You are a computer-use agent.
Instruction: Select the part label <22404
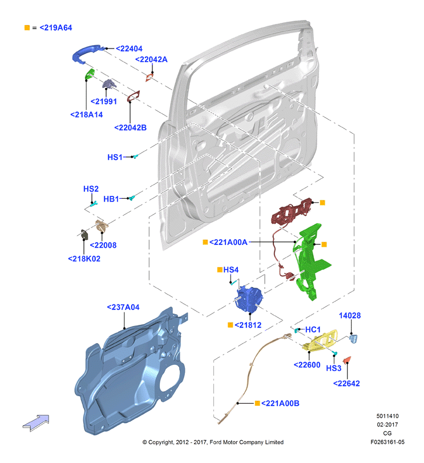(129, 49)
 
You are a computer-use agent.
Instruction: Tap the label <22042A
(151, 59)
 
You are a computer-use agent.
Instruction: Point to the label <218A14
(86, 115)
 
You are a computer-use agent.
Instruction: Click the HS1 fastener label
(115, 157)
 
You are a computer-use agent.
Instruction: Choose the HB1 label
(111, 199)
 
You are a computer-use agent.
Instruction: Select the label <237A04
(123, 307)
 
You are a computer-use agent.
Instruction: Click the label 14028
(350, 316)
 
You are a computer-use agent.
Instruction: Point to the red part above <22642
(347, 360)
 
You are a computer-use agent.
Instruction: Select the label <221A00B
(280, 404)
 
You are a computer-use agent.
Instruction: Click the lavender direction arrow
(36, 423)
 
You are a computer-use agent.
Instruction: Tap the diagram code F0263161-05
(387, 442)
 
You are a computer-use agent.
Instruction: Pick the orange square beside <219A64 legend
(27, 28)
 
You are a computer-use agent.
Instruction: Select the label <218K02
(84, 259)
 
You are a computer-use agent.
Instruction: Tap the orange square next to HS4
(220, 269)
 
